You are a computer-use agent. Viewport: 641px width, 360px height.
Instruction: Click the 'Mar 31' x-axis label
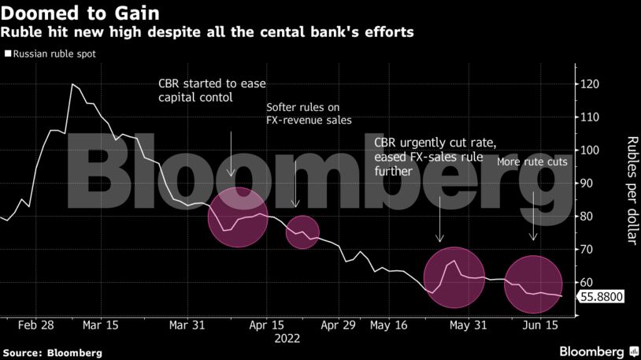coord(187,325)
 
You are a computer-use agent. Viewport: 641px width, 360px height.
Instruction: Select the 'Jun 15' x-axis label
coord(543,325)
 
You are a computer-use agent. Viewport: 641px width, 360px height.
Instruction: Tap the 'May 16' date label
coord(388,325)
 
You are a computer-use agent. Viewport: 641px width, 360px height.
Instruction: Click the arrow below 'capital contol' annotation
coord(230,153)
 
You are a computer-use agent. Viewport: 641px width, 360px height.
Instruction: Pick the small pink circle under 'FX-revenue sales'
coord(302,231)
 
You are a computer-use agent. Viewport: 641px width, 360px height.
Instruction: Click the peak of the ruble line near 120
coord(72,84)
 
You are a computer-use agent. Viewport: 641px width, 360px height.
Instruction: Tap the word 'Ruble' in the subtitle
coord(19,32)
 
